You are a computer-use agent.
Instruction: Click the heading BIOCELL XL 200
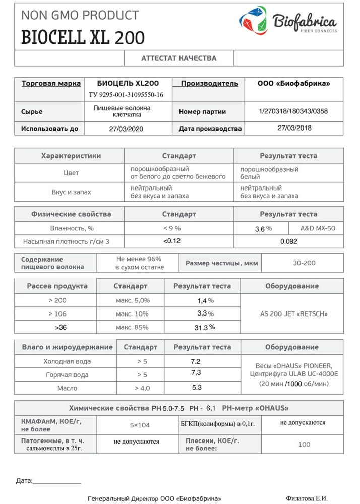coord(83,37)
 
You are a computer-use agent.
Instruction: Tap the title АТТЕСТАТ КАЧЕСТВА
coord(179,58)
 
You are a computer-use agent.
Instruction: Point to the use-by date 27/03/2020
coord(127,129)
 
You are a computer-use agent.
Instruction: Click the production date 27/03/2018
coord(295,128)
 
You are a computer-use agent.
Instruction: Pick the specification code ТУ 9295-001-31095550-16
coord(126,95)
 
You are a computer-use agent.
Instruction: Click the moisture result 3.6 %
coord(263,229)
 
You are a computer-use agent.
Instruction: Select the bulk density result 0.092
coord(289,241)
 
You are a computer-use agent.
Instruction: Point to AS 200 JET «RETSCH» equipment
coord(292,314)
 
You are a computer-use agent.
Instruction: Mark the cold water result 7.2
coord(196,361)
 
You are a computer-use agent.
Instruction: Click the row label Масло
coord(68,388)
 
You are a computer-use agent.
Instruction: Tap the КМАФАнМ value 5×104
coord(140,425)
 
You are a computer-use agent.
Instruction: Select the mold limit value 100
coord(304,444)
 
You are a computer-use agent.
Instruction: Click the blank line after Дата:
coord(56,482)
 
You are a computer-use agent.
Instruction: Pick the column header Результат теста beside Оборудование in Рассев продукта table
coord(202,286)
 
